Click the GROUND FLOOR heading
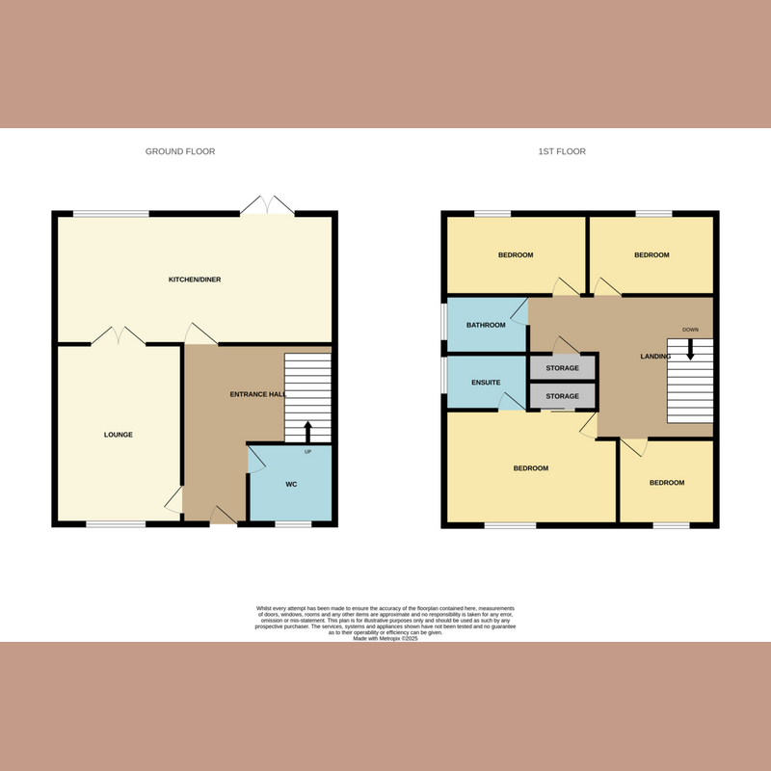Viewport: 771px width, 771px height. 180,151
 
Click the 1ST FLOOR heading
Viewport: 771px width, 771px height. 562,151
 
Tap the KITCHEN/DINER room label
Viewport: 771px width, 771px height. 195,279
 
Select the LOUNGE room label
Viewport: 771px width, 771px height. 119,435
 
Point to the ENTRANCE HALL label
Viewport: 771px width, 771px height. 258,395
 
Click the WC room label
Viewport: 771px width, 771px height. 291,484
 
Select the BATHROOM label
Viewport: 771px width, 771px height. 486,325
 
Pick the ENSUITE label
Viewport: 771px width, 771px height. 486,383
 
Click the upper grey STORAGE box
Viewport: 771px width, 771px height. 563,368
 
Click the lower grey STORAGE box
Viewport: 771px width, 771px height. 563,396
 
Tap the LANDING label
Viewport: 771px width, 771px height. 655,357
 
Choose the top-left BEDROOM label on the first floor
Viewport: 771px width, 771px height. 516,255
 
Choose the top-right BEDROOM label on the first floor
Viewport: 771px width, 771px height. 651,255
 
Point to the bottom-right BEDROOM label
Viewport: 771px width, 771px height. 666,482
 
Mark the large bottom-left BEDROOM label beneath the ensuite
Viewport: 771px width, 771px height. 530,468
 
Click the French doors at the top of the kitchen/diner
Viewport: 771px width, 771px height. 265,205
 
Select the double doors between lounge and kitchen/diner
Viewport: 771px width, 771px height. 119,335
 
